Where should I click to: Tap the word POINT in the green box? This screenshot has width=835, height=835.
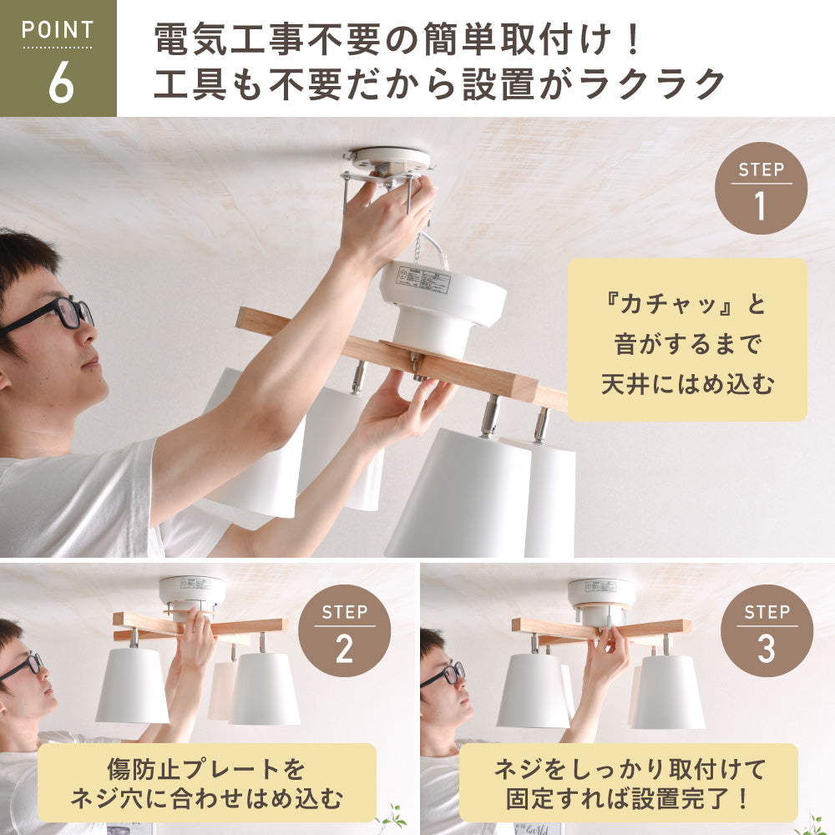tap(58, 31)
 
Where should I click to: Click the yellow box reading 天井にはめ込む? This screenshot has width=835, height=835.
tap(687, 340)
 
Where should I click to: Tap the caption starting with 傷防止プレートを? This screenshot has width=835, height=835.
tap(206, 782)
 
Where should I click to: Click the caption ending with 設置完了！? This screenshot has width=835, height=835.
tap(628, 782)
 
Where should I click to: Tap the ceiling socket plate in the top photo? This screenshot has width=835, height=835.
tap(389, 161)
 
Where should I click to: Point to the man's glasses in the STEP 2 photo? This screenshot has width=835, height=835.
tap(23, 665)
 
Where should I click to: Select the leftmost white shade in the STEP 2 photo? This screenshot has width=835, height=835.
tap(132, 685)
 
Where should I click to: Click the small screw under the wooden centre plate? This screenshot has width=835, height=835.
tap(415, 361)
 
